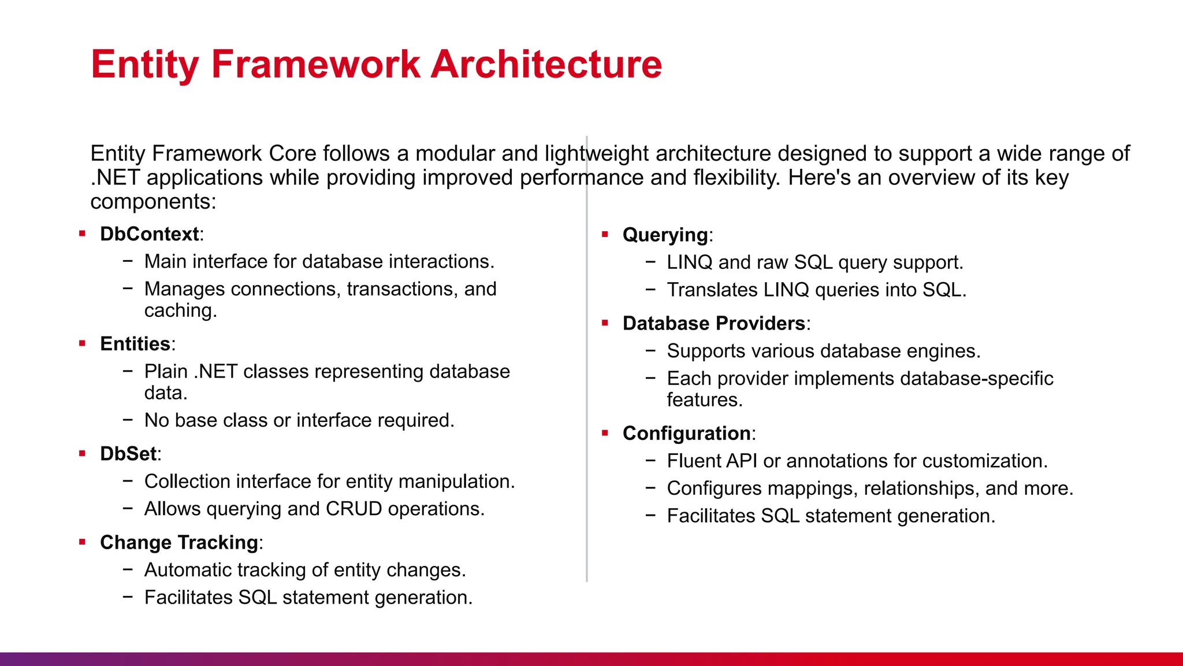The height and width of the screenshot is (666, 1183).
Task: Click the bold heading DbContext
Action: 149,234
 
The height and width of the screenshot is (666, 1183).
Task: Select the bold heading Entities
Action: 135,344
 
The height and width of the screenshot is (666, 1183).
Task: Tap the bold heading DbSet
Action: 128,454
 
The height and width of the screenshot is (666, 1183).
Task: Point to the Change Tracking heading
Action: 179,543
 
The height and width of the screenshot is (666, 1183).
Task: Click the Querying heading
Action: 665,235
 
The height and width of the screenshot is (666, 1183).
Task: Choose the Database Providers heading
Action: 714,324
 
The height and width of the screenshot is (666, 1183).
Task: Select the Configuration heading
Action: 686,434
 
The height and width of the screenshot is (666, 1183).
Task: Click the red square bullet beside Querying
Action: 605,235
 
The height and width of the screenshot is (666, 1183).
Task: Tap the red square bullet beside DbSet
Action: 82,454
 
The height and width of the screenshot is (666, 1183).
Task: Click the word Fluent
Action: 693,461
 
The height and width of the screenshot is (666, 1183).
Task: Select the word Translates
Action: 712,290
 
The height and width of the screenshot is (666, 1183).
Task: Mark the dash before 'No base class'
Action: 128,420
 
